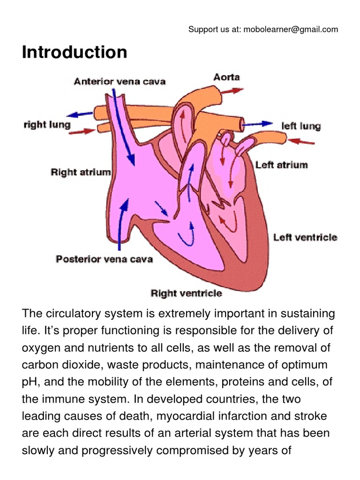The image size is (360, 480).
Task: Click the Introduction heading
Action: point(75,52)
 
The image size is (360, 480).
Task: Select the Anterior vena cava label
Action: point(120,82)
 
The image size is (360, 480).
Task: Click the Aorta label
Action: point(226,77)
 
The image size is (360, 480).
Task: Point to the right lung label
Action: point(47,125)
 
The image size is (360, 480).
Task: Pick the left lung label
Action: point(300,126)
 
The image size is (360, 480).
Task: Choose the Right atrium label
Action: point(81,172)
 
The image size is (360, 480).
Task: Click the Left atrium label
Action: point(281,165)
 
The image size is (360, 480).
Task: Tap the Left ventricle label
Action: point(305,237)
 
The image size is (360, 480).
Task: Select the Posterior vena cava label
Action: point(104,259)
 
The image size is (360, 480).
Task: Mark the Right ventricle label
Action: point(186,293)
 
